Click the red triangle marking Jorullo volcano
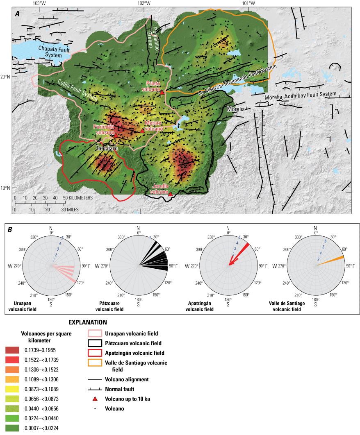(170, 194)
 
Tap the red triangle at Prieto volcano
(162, 93)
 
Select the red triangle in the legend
(95, 399)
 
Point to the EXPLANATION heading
(87, 322)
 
